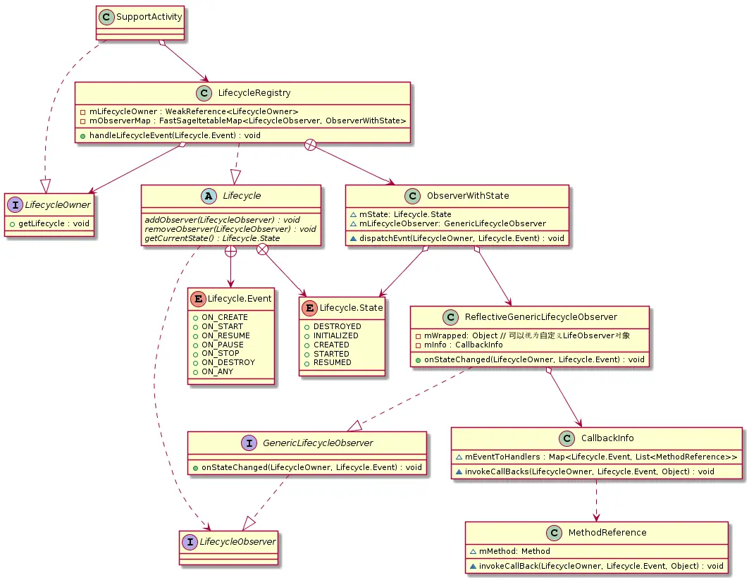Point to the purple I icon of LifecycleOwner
(16, 204)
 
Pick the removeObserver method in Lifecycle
(230, 229)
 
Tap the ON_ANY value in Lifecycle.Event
(217, 371)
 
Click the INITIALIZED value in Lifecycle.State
(335, 335)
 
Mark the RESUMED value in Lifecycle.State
(332, 362)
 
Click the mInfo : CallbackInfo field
(459, 345)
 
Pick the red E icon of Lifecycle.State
(309, 307)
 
